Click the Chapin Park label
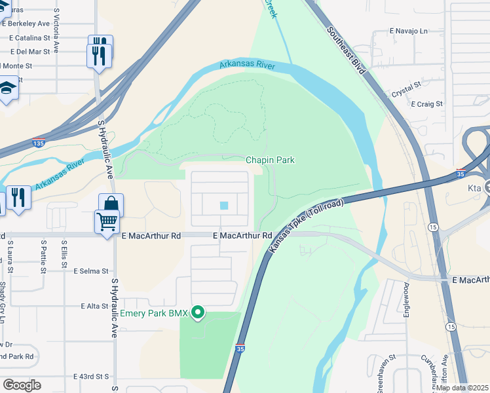[270, 160]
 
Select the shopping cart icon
[107, 221]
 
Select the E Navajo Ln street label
[408, 31]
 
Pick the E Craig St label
[426, 104]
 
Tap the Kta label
[475, 188]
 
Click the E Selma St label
[90, 271]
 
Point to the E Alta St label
[94, 306]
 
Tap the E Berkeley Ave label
[26, 23]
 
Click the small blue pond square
[224, 206]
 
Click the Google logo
[22, 384]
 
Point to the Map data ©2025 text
[462, 388]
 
